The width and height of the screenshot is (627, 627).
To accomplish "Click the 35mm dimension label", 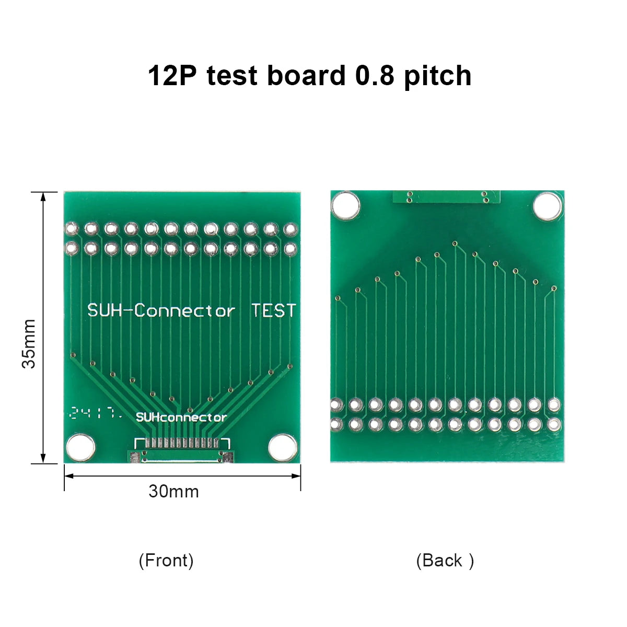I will (29, 343).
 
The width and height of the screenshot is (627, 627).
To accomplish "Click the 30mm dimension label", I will (173, 492).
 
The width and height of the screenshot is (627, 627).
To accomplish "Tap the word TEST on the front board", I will (273, 310).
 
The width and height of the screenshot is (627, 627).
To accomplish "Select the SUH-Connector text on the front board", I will (161, 311).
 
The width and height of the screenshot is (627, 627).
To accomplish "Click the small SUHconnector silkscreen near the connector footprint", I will (181, 417).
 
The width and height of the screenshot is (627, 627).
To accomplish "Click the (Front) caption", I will (166, 561).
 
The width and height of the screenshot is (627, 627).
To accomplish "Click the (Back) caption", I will (445, 561).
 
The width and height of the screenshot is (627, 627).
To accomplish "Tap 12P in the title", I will (173, 75).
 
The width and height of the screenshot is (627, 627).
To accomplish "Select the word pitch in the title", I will (437, 75).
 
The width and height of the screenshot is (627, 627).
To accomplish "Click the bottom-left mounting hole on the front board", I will (80, 448).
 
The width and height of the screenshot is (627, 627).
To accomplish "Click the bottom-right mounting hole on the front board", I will (283, 448).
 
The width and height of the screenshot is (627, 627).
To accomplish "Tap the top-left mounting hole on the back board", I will (345, 205).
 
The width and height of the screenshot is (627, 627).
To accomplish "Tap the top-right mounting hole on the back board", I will (547, 205).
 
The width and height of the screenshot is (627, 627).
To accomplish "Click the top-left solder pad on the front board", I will (71, 229).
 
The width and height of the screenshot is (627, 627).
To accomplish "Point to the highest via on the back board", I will (455, 243).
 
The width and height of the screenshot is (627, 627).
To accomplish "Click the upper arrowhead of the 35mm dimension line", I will (43, 196).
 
